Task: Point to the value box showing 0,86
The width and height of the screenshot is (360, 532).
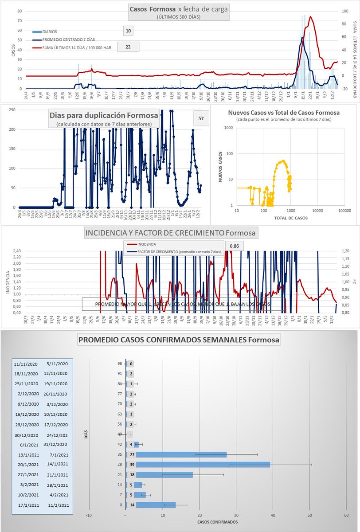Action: pos(235,245)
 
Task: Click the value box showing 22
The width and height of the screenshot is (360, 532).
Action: pos(128,47)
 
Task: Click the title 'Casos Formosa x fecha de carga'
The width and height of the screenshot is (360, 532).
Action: pos(179,9)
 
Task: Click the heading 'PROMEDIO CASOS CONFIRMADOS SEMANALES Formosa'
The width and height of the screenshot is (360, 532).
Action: pos(179,340)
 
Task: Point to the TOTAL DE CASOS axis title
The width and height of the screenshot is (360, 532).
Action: pos(290,218)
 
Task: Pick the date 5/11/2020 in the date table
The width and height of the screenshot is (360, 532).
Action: pos(56,364)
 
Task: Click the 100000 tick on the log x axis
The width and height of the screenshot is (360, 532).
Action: pos(344,211)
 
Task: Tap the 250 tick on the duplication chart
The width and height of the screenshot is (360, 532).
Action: pos(12,110)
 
